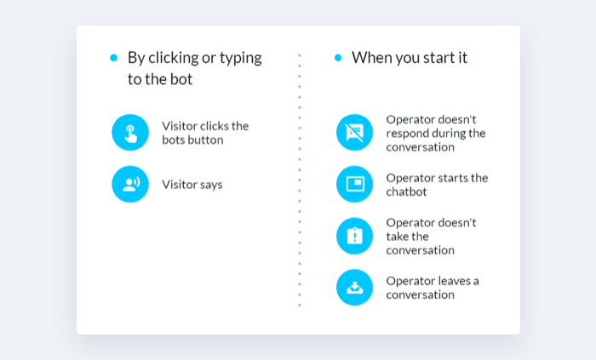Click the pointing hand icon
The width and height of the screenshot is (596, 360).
tap(130, 133)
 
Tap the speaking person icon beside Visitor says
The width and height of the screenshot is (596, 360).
tap(130, 184)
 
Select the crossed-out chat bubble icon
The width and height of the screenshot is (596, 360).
tap(355, 133)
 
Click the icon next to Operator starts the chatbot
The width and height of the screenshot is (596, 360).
tap(355, 184)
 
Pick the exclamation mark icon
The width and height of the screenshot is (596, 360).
tap(355, 236)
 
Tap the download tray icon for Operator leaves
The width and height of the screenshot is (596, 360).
tap(355, 288)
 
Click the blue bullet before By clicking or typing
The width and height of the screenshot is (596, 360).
tap(113, 58)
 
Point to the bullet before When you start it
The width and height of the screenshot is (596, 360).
tap(338, 58)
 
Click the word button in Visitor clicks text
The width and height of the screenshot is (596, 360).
tap(208, 140)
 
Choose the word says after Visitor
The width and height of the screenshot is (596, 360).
tap(211, 186)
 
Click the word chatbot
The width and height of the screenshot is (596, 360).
tap(406, 191)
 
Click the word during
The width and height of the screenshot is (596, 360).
tap(449, 134)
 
